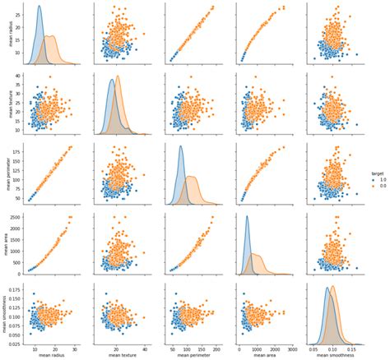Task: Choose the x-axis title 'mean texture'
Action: pyautogui.click(x=120, y=356)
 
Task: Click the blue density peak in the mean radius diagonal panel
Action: pyautogui.click(x=39, y=7)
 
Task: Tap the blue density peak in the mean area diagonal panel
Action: pyautogui.click(x=246, y=216)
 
